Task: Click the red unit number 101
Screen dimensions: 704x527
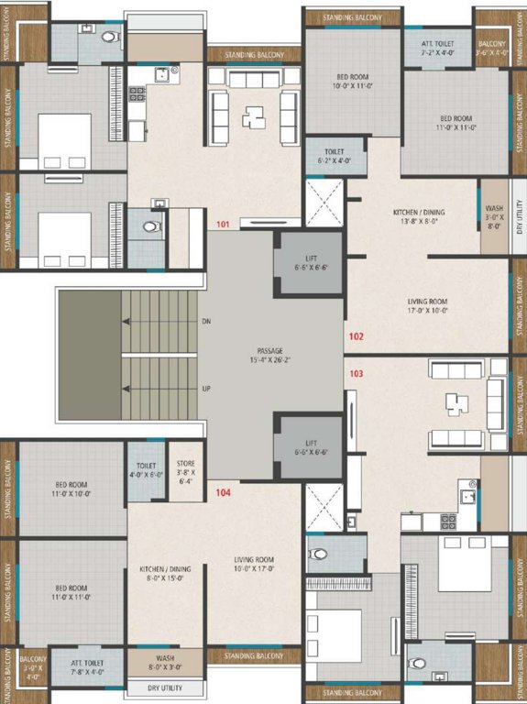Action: click(x=223, y=224)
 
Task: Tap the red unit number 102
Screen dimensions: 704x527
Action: click(x=356, y=335)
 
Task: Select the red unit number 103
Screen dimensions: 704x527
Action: click(x=356, y=373)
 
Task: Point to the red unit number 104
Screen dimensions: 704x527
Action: click(x=223, y=493)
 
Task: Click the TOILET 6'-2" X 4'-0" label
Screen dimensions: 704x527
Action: click(x=334, y=155)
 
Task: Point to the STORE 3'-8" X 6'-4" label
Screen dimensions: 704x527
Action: click(x=185, y=471)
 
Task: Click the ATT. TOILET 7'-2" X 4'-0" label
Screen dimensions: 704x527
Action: click(x=437, y=47)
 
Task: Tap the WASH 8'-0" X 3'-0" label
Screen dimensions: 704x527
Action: click(x=165, y=662)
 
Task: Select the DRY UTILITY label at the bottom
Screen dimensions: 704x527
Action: click(x=165, y=687)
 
